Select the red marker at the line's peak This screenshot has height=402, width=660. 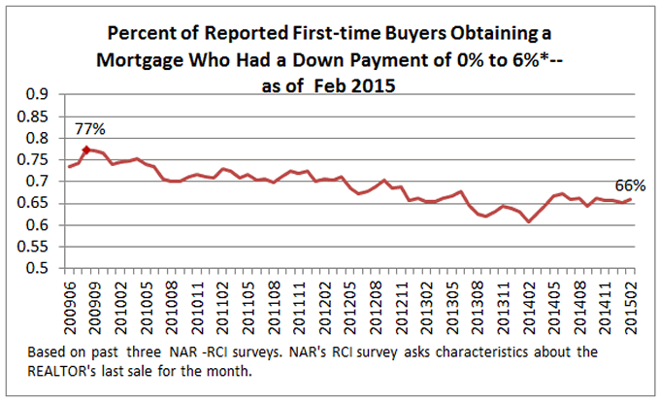pyautogui.click(x=85, y=150)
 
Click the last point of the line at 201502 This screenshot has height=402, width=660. pyautogui.click(x=632, y=199)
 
